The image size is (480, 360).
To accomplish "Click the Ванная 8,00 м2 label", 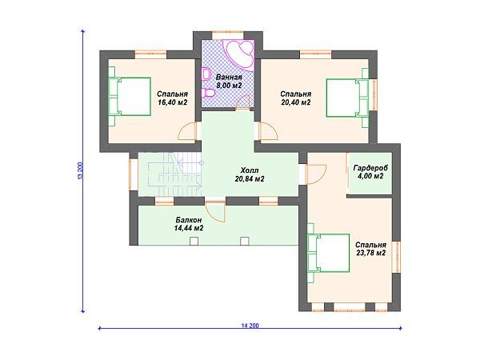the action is [229, 82].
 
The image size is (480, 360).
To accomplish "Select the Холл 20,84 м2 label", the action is [250, 174].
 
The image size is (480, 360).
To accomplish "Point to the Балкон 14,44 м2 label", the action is [189, 224].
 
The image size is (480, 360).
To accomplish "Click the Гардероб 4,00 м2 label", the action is [370, 172].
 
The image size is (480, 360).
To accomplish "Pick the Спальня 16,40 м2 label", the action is [172, 98].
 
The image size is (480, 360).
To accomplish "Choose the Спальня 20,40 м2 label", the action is [296, 98].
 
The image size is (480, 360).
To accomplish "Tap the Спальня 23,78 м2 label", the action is [370, 249].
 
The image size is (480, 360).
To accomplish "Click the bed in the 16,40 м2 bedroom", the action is [130, 97].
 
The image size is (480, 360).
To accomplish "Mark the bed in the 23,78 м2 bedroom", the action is [329, 253].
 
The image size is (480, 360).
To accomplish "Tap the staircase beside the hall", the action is [174, 174].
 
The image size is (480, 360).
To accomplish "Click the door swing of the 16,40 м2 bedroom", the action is [187, 131].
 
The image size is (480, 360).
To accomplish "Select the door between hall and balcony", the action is [215, 211].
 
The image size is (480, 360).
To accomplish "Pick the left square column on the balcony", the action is [194, 241].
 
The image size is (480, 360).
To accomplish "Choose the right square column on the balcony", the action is [245, 241].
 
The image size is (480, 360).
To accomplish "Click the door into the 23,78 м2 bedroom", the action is [316, 174].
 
